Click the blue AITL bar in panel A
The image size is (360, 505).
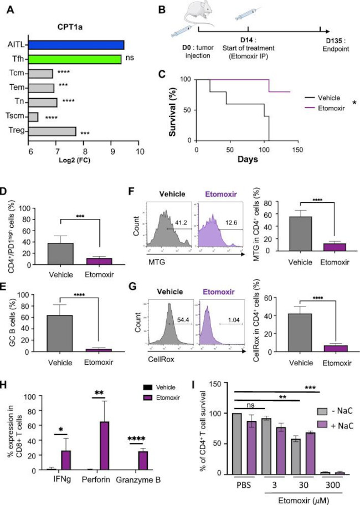click(x=76, y=45)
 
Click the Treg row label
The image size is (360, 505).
click(x=17, y=131)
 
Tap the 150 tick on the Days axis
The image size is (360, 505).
click(x=297, y=149)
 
